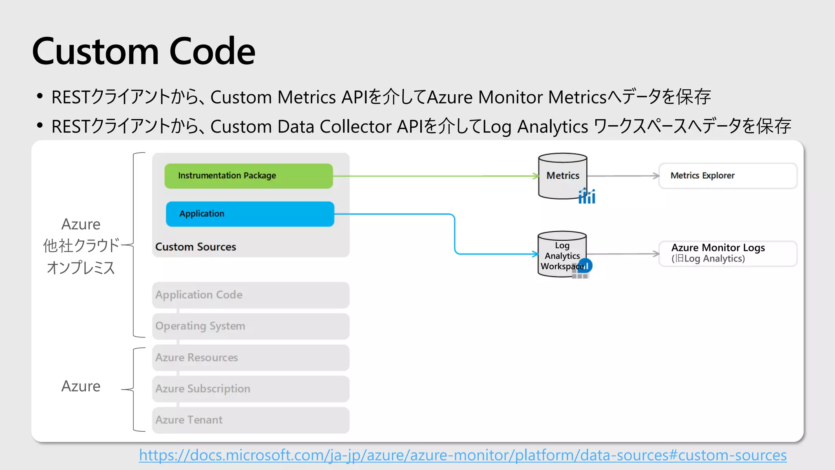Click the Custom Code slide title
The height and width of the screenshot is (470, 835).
coord(144,51)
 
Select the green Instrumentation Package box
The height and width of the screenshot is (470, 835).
coord(249,176)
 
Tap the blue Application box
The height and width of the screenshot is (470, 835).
coord(250,214)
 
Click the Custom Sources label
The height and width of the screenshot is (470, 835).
coord(196,247)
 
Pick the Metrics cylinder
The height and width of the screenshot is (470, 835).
coord(563,176)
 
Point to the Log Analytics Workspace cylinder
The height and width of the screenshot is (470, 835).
coord(562,255)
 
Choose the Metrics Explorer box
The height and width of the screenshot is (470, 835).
coord(728,176)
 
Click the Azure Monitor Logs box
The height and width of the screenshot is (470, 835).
coord(728,253)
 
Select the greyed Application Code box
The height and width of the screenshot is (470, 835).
coord(250,295)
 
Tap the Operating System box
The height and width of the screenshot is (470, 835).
coord(250,326)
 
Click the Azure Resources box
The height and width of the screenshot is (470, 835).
coord(250,358)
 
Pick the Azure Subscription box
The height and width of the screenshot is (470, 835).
coord(250,389)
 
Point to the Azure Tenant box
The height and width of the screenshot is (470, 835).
coord(250,420)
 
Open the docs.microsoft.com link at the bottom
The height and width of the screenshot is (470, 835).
coord(463,455)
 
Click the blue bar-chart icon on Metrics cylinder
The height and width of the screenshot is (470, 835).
coord(587,196)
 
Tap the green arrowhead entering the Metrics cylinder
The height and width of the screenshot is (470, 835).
coord(536,176)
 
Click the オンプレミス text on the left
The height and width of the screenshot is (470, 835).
coord(81,268)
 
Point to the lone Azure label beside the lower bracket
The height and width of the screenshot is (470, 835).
coord(81,386)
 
